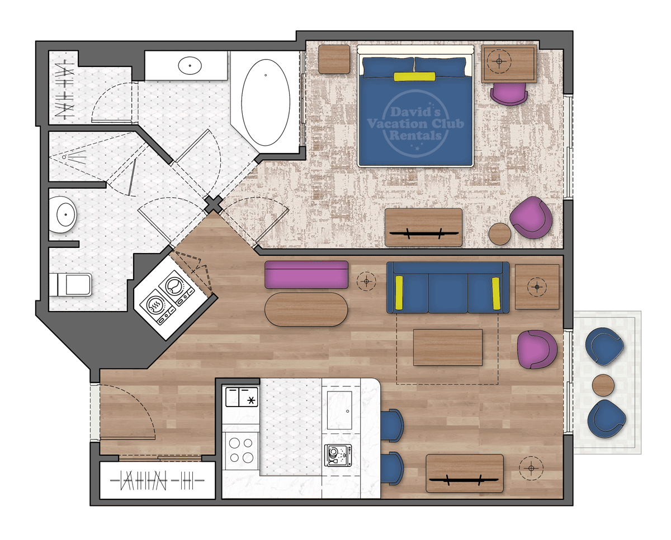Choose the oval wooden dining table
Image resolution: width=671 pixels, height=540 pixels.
coord(306,309)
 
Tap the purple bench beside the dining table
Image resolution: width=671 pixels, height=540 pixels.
coord(306,275)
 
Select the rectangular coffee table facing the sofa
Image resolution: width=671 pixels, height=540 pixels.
coord(447,347)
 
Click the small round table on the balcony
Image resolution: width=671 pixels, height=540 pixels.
coord(603,385)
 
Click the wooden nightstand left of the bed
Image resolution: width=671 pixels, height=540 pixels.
coord(334,59)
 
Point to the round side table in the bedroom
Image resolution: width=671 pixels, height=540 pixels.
coord(499,234)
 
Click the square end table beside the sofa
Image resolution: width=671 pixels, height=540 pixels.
coord(537,286)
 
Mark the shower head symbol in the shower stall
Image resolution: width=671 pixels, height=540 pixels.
coord(65,157)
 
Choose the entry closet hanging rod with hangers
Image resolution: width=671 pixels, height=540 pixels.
coord(157,480)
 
